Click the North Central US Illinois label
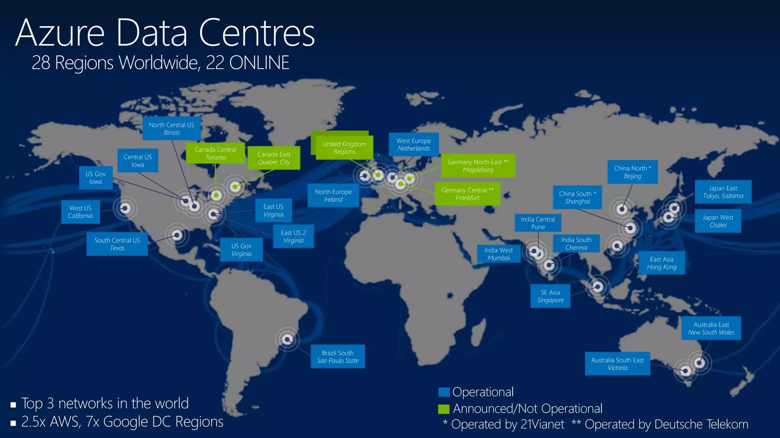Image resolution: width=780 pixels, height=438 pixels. click(x=171, y=129)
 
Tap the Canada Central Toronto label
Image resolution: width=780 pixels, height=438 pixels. click(x=215, y=153)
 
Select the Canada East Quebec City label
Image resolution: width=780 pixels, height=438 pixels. click(x=273, y=158)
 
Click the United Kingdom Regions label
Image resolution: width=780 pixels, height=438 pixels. click(x=344, y=148)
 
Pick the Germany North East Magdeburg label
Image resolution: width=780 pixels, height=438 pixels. click(x=478, y=166)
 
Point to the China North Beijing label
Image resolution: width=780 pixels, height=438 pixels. click(x=632, y=172)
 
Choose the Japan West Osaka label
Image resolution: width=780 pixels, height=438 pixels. click(x=718, y=221)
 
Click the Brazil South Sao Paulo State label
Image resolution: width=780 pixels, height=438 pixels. click(x=338, y=357)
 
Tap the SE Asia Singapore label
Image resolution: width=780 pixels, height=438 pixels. click(x=550, y=296)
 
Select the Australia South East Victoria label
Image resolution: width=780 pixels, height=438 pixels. click(x=617, y=364)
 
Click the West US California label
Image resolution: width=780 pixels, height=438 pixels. click(x=80, y=212)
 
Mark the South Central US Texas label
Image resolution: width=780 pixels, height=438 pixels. click(x=117, y=244)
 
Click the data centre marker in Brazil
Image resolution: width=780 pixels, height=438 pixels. click(x=287, y=339)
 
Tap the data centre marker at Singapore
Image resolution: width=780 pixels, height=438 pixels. click(x=598, y=287)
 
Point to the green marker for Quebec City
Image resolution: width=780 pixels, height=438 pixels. click(x=235, y=187)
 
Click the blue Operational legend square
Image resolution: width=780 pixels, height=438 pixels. click(x=444, y=392)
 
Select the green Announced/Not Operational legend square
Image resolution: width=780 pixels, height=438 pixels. click(x=444, y=409)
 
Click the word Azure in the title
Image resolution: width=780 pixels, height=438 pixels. click(x=60, y=33)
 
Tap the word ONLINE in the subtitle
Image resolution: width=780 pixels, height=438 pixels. click(x=259, y=63)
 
